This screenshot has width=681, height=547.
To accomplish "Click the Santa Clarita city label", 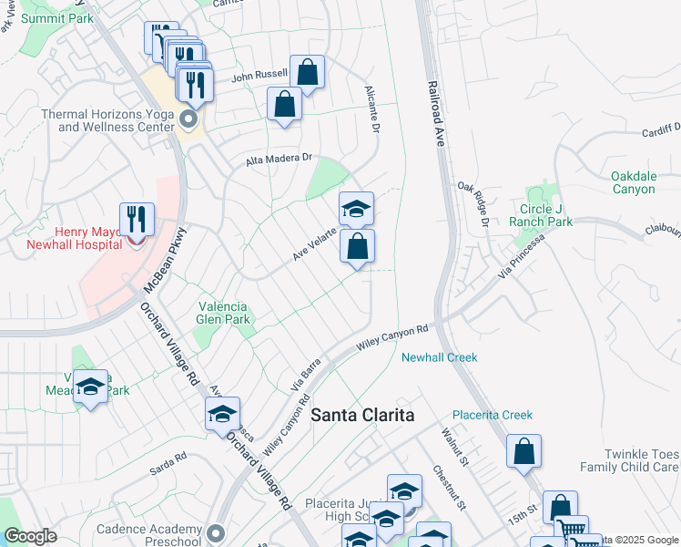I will pos(362,415).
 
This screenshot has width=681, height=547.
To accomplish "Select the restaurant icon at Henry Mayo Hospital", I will pos(137,220).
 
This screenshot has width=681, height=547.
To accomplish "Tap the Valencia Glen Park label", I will pos(223,313).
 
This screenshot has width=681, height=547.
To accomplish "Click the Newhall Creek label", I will pos(440,357).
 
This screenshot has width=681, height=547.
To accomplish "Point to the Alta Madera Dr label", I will pos(280,160).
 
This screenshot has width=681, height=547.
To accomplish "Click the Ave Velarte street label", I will pos(315,244).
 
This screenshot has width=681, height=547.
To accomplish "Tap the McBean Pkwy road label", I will pos(165,260).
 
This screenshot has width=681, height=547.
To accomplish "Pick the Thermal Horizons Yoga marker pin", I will pos(189,119).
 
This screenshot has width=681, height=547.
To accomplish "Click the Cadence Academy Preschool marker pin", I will pos(215,532).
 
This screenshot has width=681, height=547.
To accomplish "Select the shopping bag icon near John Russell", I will pos(308,73).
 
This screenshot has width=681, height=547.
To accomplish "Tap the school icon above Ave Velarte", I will pos(356,209).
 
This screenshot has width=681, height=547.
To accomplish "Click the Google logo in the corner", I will pos(30,536).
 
